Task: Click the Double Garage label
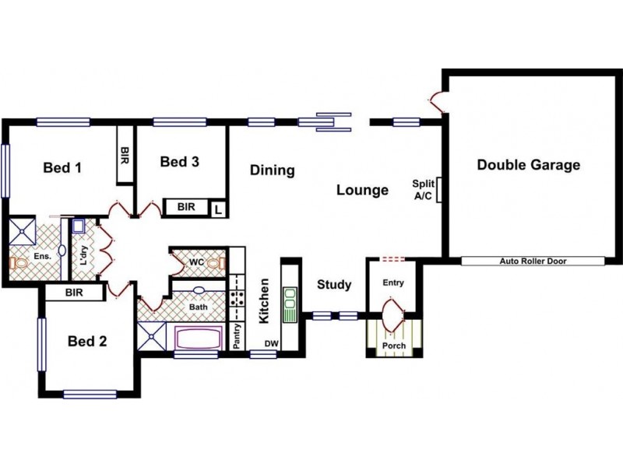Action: (x=528, y=165)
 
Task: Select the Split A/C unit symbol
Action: (x=440, y=190)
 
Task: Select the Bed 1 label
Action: (x=62, y=167)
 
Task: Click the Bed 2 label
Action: (x=86, y=341)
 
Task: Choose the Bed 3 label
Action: (x=179, y=162)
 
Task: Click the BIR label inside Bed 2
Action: (x=74, y=293)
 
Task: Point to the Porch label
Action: (x=393, y=346)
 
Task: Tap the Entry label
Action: (x=393, y=283)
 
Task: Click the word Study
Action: (x=334, y=285)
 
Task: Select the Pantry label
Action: (x=237, y=337)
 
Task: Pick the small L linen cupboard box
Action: (x=219, y=209)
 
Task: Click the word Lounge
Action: (x=362, y=190)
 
